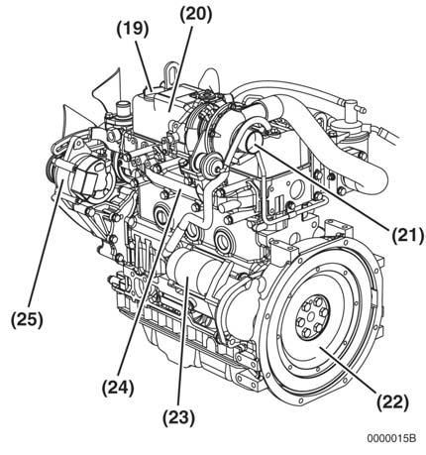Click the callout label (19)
(x=133, y=29)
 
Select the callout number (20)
(x=196, y=15)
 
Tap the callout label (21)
(x=407, y=236)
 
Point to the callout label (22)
(x=393, y=402)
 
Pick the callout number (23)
(x=178, y=418)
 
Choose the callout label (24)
(x=118, y=388)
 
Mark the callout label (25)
(x=27, y=320)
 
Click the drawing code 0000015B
(x=391, y=438)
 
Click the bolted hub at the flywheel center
(x=311, y=317)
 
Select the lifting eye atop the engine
(x=169, y=75)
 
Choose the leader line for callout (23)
(x=183, y=340)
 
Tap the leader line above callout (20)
(x=180, y=67)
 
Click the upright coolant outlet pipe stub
(x=123, y=112)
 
